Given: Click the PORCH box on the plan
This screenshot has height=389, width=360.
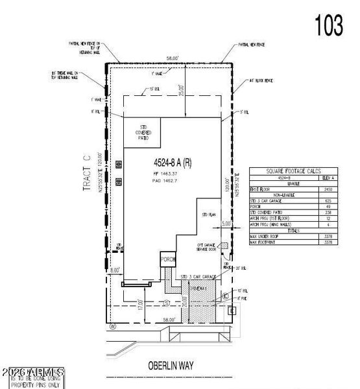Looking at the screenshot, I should [168, 260].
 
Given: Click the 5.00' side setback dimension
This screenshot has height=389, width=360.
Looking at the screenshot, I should [226, 222].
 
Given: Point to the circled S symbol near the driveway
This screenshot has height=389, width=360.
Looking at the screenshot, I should [167, 303].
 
